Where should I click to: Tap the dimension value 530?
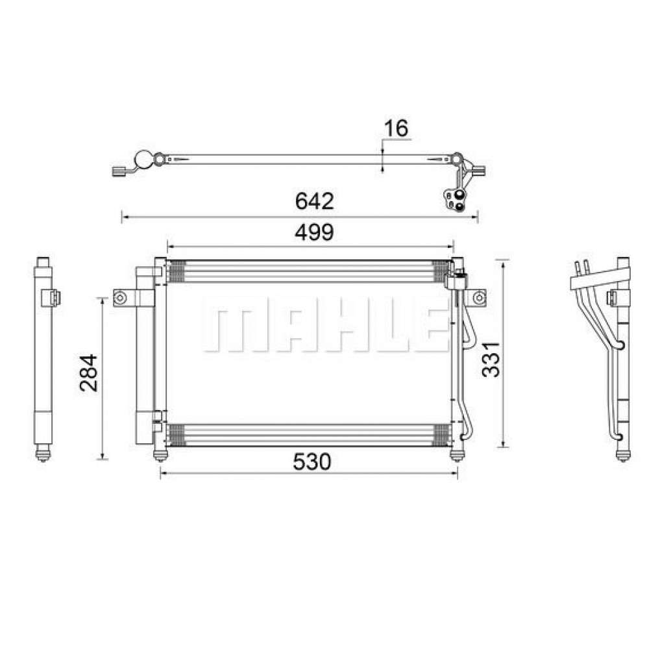coord(312,461)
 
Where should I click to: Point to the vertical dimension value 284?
coord(88,372)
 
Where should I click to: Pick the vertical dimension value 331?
coord(491,358)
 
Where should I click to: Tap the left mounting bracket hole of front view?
coord(119,298)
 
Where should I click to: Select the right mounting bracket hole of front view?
coord(478,298)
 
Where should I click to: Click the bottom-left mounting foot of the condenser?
coord(159,454)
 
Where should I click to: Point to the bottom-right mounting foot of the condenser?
coord(457,454)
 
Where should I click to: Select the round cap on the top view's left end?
coord(142,159)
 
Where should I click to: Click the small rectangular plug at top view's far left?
coord(119,171)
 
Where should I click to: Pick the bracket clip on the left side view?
coord(51,298)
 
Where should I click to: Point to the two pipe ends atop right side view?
coord(582,265)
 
